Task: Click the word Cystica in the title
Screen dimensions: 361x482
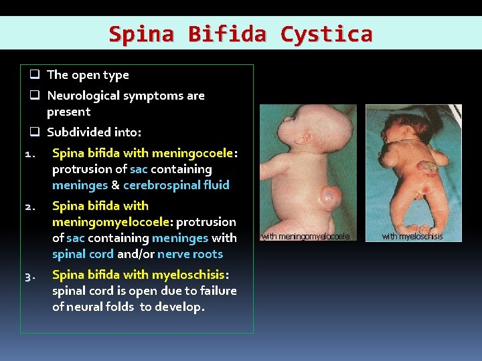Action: pyautogui.click(x=326, y=33)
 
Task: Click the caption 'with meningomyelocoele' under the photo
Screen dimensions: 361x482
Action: pyautogui.click(x=305, y=236)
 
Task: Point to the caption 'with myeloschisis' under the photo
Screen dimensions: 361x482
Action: pyautogui.click(x=412, y=236)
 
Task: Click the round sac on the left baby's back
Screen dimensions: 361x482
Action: pyautogui.click(x=329, y=198)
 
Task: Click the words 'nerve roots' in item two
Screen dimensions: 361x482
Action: pyautogui.click(x=189, y=254)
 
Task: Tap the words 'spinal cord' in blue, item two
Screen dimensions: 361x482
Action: pyautogui.click(x=83, y=254)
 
